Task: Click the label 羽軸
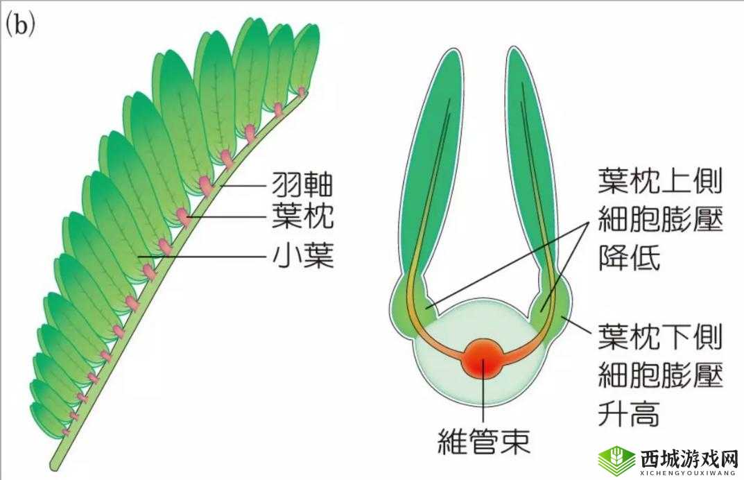point(302,185)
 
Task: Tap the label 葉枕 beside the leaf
point(302,217)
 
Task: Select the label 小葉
point(302,257)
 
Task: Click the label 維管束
point(485,440)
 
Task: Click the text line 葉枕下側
point(659,338)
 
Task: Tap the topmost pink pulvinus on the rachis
point(302,91)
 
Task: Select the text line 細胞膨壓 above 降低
point(659,221)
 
